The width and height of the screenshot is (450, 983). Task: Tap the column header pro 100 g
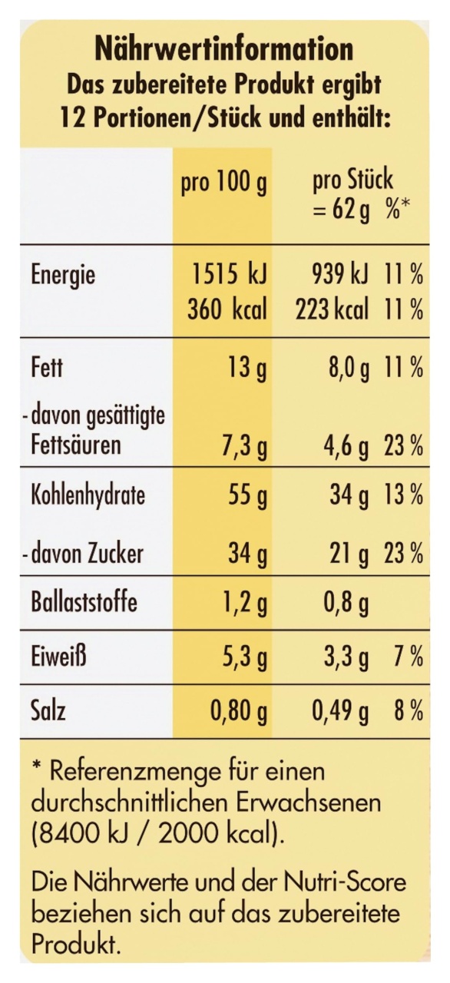(x=223, y=184)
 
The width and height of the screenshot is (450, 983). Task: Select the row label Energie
(x=63, y=276)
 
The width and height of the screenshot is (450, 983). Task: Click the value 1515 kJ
(x=230, y=275)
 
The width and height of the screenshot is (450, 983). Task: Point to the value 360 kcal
(x=227, y=309)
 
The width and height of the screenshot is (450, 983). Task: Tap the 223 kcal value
(x=332, y=309)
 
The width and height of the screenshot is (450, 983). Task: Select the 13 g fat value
(x=247, y=368)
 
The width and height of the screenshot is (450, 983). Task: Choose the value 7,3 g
(x=243, y=447)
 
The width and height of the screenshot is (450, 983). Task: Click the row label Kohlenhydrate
(x=88, y=495)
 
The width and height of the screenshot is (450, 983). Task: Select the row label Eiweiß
(x=58, y=657)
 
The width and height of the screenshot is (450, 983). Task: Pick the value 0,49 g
(x=340, y=713)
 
